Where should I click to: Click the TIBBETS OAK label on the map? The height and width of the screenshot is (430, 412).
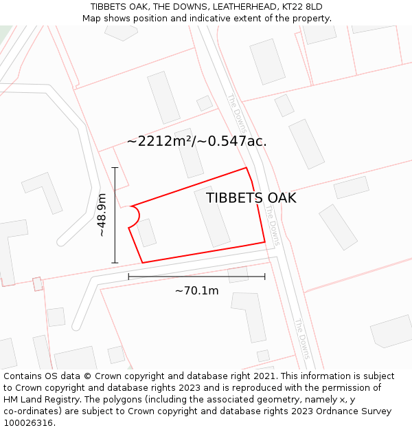[251, 198]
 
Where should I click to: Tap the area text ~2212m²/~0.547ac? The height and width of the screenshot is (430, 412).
[196, 142]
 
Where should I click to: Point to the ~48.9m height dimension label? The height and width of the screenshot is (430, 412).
[102, 215]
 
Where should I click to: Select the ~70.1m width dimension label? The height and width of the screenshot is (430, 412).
[196, 291]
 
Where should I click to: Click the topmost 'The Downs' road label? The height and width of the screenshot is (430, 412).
[236, 109]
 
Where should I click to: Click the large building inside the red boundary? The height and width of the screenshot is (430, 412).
[212, 216]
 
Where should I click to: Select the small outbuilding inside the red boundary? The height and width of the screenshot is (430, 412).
[146, 233]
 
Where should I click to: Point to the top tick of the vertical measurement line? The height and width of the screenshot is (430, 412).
[115, 167]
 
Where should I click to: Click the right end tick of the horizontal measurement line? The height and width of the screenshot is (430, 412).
[264, 277]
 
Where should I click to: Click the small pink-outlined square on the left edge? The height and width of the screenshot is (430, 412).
[37, 283]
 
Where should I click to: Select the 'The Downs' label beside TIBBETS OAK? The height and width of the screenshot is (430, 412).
[273, 233]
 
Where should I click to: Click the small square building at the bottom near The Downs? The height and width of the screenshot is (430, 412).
[263, 356]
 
